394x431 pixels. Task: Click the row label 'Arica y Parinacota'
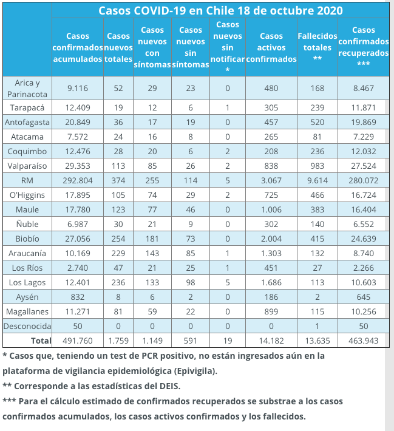[x=27, y=88]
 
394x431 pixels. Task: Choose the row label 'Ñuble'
[x=27, y=223]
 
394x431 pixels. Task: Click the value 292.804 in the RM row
[x=77, y=180]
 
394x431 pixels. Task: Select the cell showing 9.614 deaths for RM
[x=317, y=180]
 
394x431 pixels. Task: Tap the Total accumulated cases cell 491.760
[x=77, y=341]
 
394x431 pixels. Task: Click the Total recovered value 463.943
[x=364, y=341]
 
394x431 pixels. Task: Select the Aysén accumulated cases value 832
[x=77, y=296]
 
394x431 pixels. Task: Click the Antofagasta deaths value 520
[x=317, y=121]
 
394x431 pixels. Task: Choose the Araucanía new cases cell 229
[x=118, y=253]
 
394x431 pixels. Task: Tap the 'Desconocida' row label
[x=27, y=326]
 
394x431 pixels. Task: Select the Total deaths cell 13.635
[x=317, y=341]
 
